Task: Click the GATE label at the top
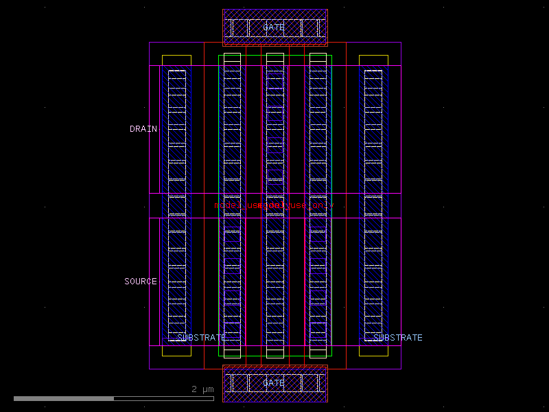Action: pos(274,27)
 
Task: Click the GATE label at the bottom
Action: pos(274,383)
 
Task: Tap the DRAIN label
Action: pos(143,129)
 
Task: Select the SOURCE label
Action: pos(141,282)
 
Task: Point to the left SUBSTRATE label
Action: pos(201,338)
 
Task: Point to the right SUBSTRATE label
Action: pos(398,338)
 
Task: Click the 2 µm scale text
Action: pos(202,389)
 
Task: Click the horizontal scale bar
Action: pos(113,398)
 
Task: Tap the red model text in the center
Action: pos(273,205)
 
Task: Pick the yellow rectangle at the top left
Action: pos(176,60)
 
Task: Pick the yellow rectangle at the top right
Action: pos(373,60)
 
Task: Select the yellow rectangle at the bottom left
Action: pos(176,351)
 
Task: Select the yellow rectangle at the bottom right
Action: pos(373,351)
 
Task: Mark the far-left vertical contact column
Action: pos(177,205)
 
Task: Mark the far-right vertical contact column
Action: pos(373,205)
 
